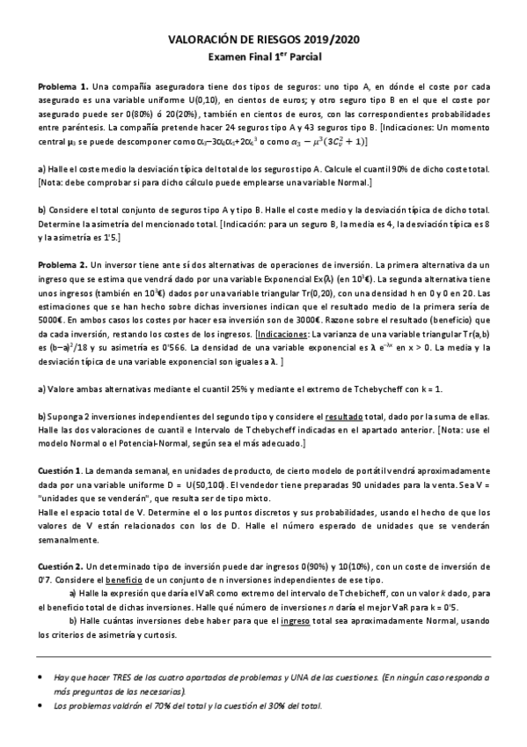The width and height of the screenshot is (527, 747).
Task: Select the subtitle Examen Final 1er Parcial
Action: [264, 56]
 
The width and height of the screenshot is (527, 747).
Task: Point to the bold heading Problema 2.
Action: [62, 264]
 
